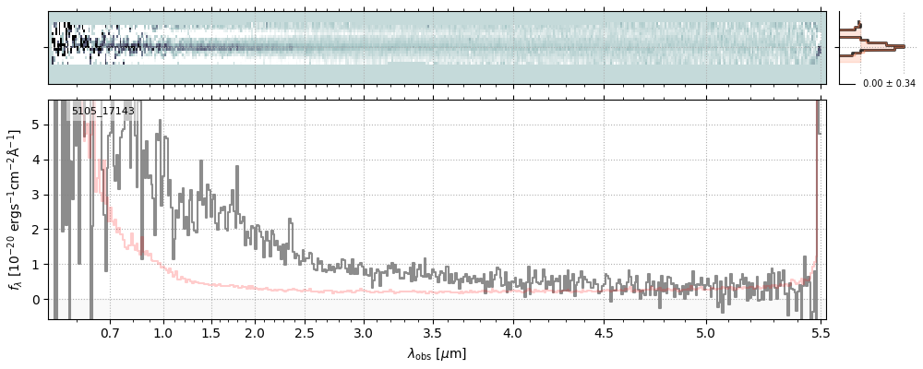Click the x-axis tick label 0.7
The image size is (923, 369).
[110, 332]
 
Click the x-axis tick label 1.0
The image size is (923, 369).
[163, 332]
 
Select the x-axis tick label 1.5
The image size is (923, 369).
[210, 332]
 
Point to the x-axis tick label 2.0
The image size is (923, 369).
[255, 332]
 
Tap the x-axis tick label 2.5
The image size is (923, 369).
[305, 332]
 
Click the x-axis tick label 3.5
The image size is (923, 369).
[435, 332]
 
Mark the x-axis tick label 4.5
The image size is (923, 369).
[604, 332]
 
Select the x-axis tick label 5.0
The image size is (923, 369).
[705, 332]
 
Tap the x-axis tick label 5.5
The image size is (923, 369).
[820, 332]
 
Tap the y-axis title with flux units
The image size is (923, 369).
[15, 209]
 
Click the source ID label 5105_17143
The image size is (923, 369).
[103, 112]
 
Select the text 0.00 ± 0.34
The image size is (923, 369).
[889, 84]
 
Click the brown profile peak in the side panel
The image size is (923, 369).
[900, 46]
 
